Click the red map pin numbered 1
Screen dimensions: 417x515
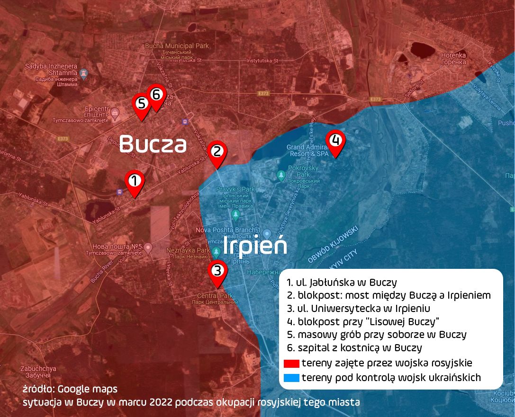click(x=135, y=182)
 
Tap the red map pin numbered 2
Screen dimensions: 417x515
click(x=217, y=153)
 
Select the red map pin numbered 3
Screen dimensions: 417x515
click(x=217, y=272)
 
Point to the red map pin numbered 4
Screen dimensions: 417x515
click(x=335, y=142)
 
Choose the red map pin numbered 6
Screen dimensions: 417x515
click(x=156, y=96)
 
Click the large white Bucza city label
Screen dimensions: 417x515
click(x=153, y=143)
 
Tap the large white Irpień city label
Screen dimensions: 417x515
click(x=255, y=247)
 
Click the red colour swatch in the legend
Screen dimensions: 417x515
click(x=291, y=364)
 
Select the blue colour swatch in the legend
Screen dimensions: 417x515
click(x=291, y=378)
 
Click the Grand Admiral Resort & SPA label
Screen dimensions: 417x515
click(x=307, y=151)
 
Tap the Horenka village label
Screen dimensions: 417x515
click(x=453, y=58)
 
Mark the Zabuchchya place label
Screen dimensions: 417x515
click(x=38, y=372)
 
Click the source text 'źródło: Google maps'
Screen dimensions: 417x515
click(x=70, y=389)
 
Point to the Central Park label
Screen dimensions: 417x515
click(x=216, y=299)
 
